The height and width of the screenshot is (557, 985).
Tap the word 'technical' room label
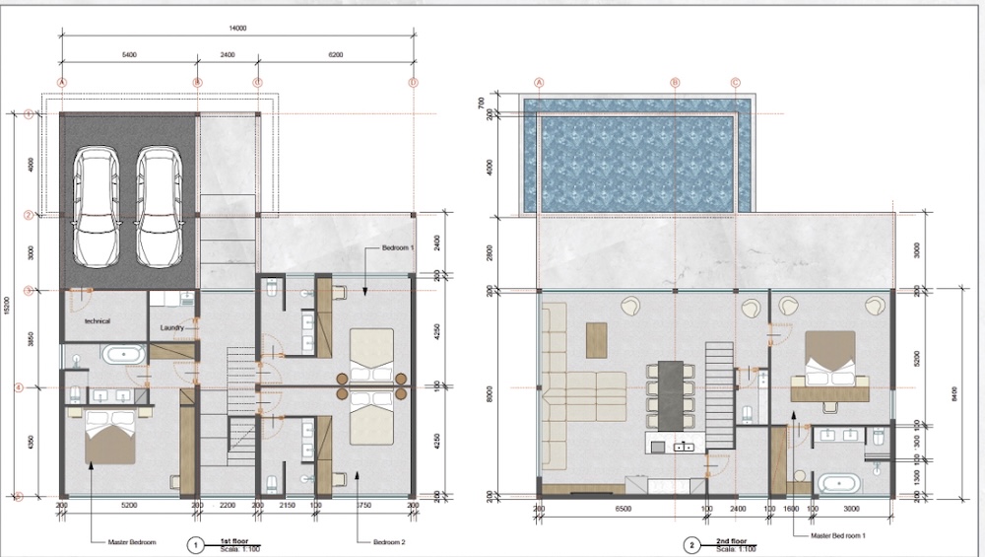click(x=98, y=321)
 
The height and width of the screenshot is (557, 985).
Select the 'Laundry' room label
click(x=173, y=328)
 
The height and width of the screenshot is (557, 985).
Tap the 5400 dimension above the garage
click(x=128, y=55)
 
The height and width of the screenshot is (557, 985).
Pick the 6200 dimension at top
click(x=335, y=55)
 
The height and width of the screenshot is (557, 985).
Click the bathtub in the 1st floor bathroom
click(x=125, y=355)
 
